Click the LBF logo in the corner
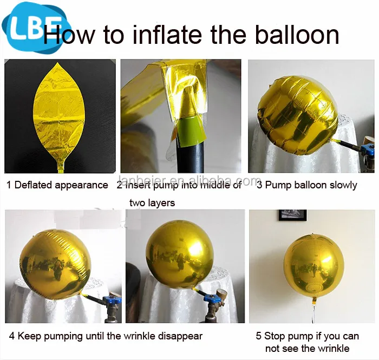[x=34, y=26]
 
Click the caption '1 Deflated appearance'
[x=57, y=185]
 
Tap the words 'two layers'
[x=152, y=203]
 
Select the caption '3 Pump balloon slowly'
[x=307, y=185]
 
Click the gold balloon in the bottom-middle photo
[x=179, y=254]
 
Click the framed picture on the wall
[x=292, y=215]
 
